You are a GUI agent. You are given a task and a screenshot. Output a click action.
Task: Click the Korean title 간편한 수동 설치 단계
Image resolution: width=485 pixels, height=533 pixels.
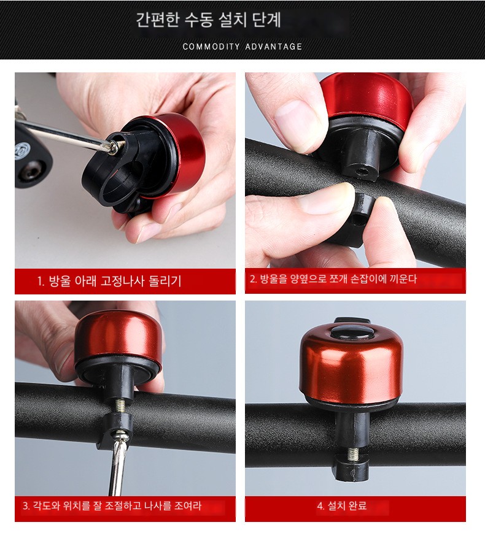(x=208, y=20)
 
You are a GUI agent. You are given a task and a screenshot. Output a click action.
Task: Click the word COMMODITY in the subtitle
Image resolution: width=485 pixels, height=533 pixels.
(x=211, y=47)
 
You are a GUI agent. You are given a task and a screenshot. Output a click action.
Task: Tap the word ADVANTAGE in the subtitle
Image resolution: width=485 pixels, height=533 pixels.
(x=274, y=47)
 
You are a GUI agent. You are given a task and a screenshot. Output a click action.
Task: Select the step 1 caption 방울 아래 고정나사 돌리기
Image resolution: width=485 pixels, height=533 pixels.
(x=109, y=281)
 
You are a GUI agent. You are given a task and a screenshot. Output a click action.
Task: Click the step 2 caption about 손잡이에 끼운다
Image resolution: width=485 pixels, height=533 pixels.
(x=333, y=279)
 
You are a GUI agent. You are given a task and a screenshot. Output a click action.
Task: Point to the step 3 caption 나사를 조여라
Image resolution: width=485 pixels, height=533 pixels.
(x=112, y=506)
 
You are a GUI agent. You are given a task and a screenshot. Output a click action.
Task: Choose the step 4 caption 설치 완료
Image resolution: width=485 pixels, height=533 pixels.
(x=342, y=506)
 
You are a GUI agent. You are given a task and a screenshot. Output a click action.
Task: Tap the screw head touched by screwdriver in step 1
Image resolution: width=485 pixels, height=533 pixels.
(x=114, y=147)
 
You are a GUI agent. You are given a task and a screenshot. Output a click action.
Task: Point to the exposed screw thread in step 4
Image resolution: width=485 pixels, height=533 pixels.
(x=352, y=453)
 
